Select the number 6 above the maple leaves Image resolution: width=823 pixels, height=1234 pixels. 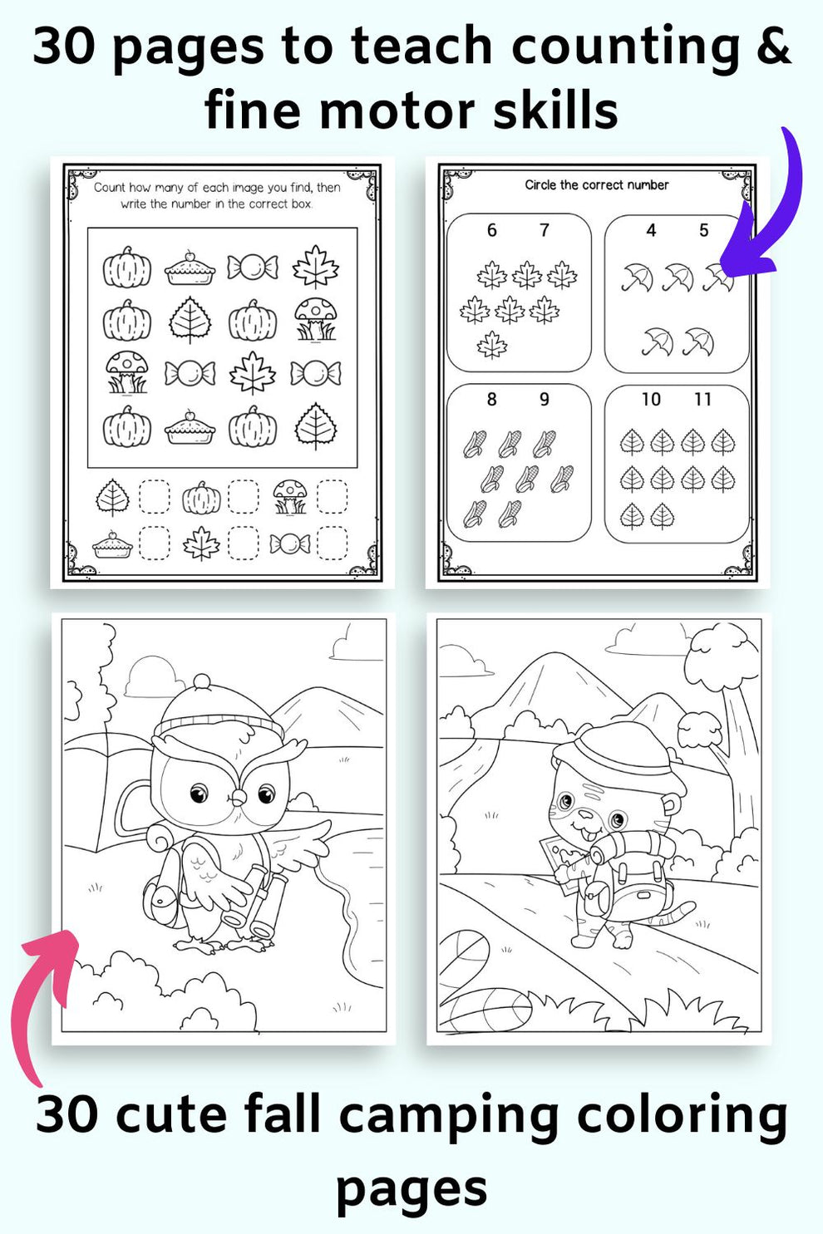click(x=491, y=230)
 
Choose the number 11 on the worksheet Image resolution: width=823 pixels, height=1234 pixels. click(x=703, y=400)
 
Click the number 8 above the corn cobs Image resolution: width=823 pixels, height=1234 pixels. click(x=491, y=400)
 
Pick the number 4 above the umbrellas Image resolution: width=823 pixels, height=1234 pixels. click(x=651, y=230)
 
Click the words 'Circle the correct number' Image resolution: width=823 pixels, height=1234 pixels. click(x=596, y=184)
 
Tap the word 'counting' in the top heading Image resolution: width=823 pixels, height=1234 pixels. click(x=625, y=47)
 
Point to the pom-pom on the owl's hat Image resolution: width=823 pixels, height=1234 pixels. click(x=202, y=683)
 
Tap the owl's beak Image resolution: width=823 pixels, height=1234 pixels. click(x=238, y=799)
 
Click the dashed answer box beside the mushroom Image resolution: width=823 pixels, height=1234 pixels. click(x=332, y=497)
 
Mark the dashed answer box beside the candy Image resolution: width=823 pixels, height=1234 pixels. click(x=332, y=543)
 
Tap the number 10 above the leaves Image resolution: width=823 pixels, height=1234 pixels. click(x=651, y=400)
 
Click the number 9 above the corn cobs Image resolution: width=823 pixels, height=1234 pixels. click(x=545, y=400)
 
